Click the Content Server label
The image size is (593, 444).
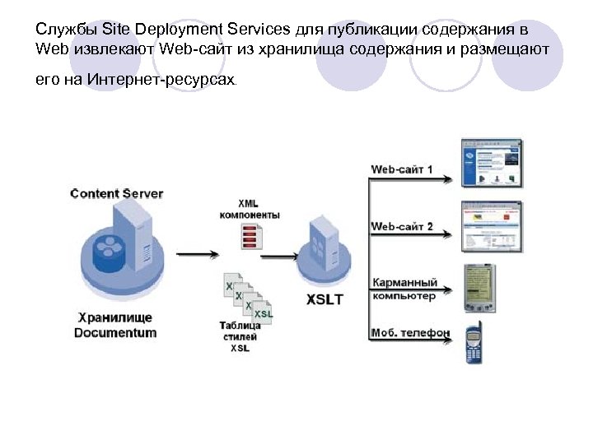coord(117,194)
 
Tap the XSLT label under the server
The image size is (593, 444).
coord(324,299)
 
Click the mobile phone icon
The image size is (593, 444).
coord(474,345)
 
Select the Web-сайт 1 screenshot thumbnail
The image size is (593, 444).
coord(492,164)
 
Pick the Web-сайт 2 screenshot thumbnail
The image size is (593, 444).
coord(492,226)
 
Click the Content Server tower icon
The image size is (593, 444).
coord(133,234)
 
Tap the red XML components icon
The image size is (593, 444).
coord(250,236)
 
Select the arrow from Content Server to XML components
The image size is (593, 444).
coord(198,254)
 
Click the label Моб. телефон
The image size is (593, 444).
coord(410,333)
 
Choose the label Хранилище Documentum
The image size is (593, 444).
coord(115,326)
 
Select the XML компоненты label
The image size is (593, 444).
coord(250,209)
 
